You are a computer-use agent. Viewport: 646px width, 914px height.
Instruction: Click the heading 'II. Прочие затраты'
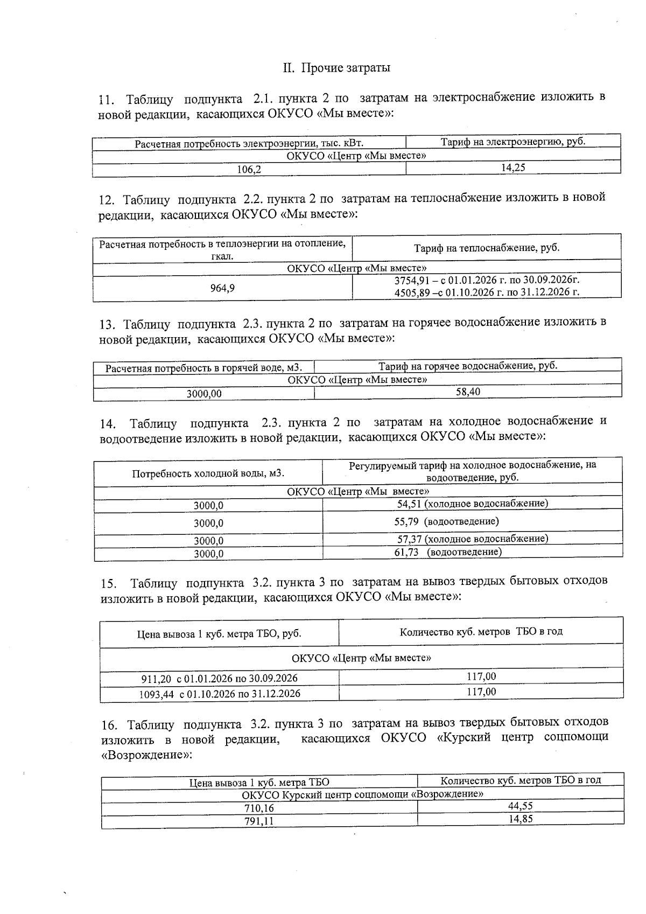point(336,68)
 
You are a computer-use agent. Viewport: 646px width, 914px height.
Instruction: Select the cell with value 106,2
point(249,170)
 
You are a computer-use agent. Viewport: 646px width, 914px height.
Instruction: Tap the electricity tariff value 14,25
point(513,168)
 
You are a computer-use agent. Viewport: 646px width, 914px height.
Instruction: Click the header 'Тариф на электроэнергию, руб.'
point(513,142)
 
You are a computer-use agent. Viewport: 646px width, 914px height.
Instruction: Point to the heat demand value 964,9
point(222,288)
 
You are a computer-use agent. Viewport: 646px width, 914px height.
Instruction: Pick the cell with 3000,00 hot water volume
point(203,394)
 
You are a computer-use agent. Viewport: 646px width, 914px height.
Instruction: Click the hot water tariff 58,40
point(468,392)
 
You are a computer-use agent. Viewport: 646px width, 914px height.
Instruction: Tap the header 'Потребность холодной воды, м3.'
point(208,473)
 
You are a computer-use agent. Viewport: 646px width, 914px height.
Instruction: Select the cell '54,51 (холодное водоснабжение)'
point(472,504)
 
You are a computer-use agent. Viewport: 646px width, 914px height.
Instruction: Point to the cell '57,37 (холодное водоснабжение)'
point(472,539)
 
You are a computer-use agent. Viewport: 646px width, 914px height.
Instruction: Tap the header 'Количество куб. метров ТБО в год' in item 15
point(481,632)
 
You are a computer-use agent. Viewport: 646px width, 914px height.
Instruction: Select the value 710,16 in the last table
point(259,808)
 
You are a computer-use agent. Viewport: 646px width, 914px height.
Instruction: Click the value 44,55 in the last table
point(520,806)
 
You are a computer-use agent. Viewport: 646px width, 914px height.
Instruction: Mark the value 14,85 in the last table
point(520,819)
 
